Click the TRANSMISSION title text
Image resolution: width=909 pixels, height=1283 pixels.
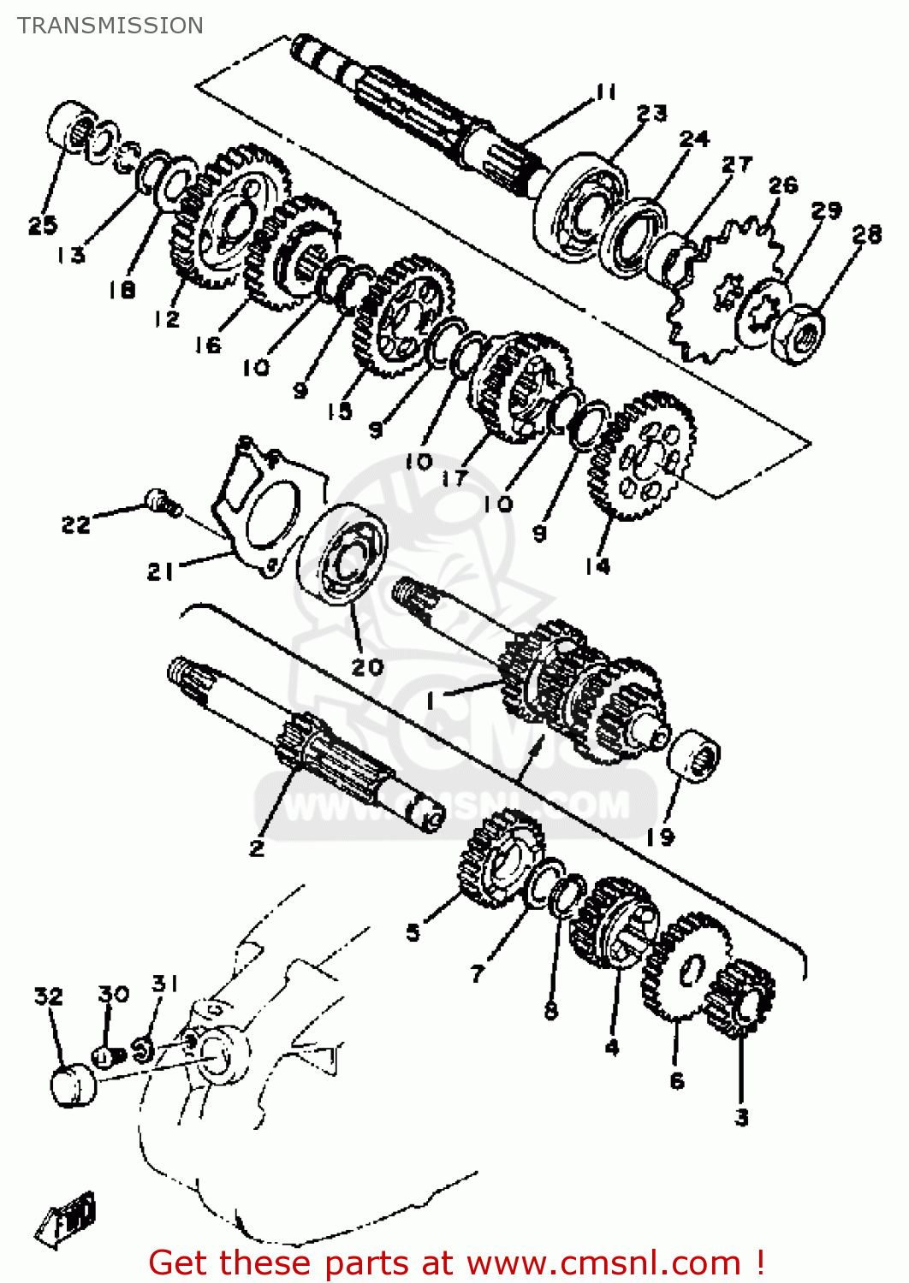(x=110, y=26)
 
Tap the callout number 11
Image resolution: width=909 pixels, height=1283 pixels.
(x=606, y=92)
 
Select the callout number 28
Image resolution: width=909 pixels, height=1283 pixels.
(x=866, y=234)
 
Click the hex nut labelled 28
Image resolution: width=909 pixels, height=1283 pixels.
(x=799, y=334)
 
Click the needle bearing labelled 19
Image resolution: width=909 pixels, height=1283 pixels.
(x=693, y=755)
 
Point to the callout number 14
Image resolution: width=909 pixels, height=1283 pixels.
(x=597, y=565)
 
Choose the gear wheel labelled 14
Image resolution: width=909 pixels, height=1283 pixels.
(x=642, y=453)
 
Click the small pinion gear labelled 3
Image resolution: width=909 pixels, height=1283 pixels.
(x=741, y=997)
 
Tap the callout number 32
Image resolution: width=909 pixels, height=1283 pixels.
(x=48, y=996)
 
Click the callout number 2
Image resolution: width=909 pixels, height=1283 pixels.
(x=257, y=848)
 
